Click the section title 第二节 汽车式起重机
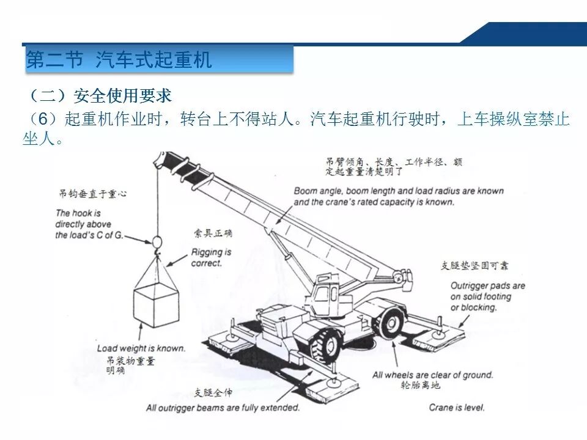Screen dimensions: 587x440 [x=119, y=59]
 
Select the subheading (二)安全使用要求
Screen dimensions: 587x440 [x=100, y=96]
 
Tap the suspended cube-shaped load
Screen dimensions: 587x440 [x=157, y=304]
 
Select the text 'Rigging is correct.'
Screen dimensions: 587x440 [x=211, y=257]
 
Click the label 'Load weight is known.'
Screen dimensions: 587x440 [x=141, y=348]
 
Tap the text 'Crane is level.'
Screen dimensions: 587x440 [x=457, y=407]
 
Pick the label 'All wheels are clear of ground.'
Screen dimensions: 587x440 [x=433, y=375]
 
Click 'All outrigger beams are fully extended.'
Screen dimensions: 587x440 [x=223, y=408]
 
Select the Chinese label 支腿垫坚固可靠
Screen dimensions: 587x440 [x=474, y=266]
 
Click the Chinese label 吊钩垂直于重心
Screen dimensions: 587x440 [x=92, y=194]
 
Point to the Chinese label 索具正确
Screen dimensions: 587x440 [x=213, y=233]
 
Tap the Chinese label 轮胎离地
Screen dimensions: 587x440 [x=420, y=385]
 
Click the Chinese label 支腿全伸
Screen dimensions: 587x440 [x=213, y=393]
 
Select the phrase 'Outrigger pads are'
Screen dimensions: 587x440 [x=488, y=286]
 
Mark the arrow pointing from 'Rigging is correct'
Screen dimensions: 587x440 [x=177, y=261]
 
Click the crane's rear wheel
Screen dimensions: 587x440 [x=391, y=320]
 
